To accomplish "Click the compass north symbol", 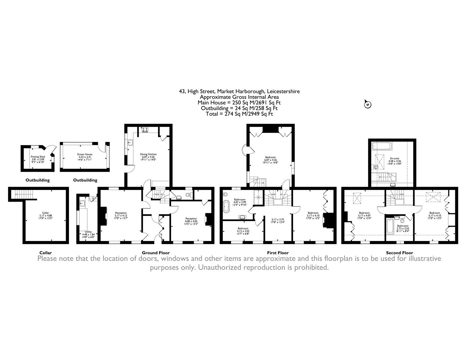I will click(x=367, y=104).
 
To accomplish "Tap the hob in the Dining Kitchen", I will click(x=145, y=130).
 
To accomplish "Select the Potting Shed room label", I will click(x=38, y=157).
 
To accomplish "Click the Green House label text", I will click(x=85, y=154).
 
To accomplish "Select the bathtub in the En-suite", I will click(x=382, y=146).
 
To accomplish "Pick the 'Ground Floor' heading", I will click(x=156, y=253).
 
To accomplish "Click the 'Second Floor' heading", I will click(x=399, y=253).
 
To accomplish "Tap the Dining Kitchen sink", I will click(x=130, y=143).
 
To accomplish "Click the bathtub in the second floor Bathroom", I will click(x=389, y=230).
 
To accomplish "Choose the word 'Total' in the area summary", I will click(x=212, y=114).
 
